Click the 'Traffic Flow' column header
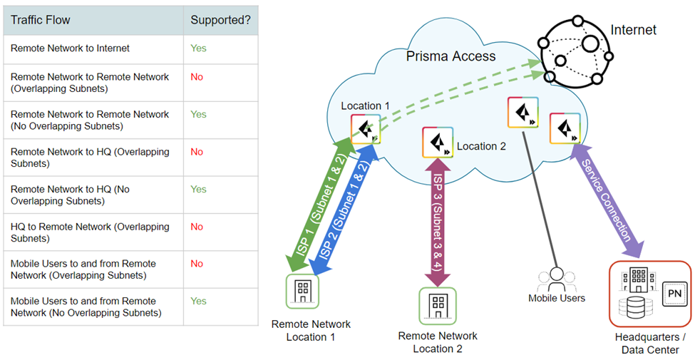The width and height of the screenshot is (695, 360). (x=41, y=21)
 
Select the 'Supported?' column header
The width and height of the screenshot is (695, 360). (x=220, y=21)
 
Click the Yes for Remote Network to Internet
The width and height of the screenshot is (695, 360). (x=198, y=48)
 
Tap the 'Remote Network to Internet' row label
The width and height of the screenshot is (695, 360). (x=70, y=48)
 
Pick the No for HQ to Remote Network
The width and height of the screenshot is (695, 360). (x=197, y=227)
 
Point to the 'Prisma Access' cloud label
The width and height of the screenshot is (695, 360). (x=451, y=56)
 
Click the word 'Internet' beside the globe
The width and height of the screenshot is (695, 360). (x=634, y=30)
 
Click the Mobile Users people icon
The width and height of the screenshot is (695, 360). (x=557, y=278)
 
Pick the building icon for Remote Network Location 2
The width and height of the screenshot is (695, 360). (x=437, y=305)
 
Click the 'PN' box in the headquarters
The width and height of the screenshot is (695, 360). (x=672, y=293)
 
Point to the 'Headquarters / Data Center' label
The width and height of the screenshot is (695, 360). (x=650, y=343)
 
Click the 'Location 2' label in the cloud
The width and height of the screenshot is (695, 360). (x=481, y=146)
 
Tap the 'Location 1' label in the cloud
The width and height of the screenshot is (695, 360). (x=365, y=106)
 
